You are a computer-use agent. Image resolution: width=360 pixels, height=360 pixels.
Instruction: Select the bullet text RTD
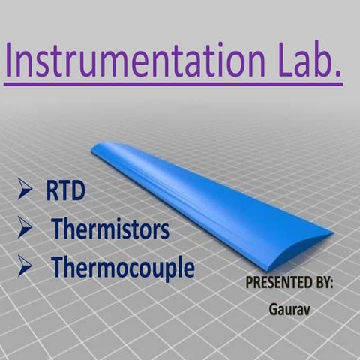[x=65, y=191]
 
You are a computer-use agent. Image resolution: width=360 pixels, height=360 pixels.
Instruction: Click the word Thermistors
[x=110, y=229]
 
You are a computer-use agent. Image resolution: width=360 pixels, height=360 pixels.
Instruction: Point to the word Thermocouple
[x=122, y=267]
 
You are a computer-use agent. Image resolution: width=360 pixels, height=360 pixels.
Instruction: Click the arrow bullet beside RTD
[x=25, y=191]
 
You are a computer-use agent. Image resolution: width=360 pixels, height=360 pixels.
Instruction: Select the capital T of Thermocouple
[x=57, y=267]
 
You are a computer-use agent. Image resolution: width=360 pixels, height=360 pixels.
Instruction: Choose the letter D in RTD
[x=78, y=191]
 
